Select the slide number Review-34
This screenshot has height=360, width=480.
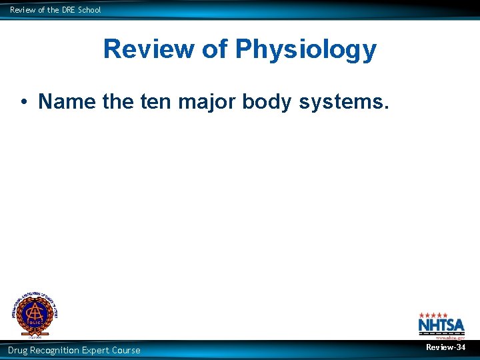(x=446, y=347)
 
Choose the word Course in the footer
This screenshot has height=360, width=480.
(x=128, y=350)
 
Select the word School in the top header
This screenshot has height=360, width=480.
(x=89, y=10)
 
